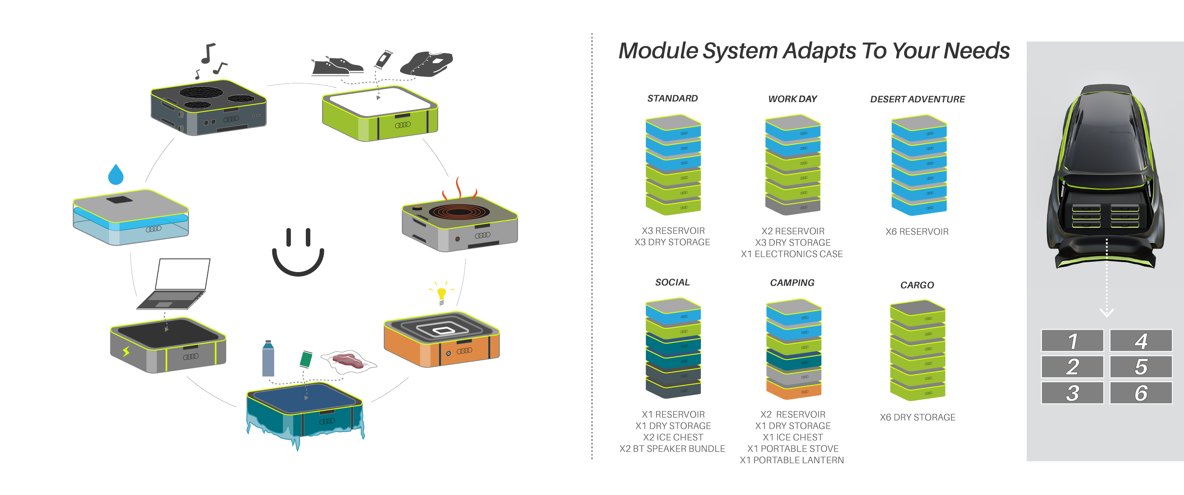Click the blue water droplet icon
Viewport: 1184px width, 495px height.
(115, 174)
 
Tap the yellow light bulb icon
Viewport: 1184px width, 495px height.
(442, 293)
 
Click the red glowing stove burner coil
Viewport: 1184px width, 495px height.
(458, 211)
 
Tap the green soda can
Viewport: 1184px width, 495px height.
(305, 359)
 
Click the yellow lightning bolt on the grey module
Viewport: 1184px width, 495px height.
(126, 351)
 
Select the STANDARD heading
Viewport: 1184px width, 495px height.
(673, 99)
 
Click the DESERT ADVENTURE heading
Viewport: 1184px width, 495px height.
(917, 100)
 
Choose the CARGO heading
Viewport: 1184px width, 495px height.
(917, 285)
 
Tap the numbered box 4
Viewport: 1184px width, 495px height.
(1140, 341)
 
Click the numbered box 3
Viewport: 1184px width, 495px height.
(1072, 393)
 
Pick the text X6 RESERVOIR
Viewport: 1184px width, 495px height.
(917, 232)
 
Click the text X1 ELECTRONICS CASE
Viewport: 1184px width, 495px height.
(792, 254)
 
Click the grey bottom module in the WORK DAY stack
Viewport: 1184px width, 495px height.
(793, 206)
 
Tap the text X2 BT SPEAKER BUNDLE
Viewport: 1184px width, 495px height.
(673, 449)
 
